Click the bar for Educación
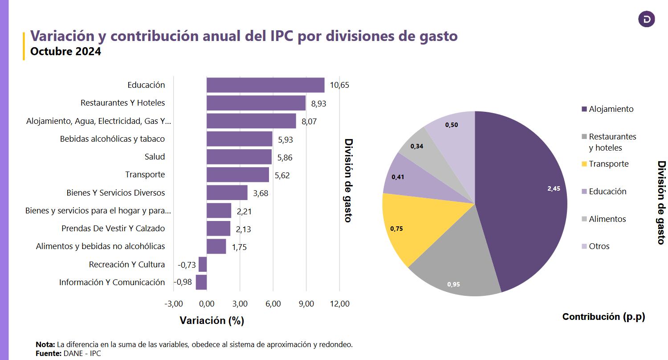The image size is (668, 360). [265, 85]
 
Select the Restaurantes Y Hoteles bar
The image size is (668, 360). [256, 103]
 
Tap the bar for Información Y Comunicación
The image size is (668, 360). [201, 282]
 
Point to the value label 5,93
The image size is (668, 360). [285, 139]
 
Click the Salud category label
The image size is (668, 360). [155, 157]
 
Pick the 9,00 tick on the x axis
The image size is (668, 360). [306, 304]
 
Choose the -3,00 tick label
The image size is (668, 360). [174, 304]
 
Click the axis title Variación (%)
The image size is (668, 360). [212, 320]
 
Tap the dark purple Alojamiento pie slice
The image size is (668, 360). [521, 196]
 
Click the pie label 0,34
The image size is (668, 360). [417, 146]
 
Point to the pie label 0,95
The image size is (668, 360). [453, 284]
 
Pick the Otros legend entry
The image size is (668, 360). [599, 246]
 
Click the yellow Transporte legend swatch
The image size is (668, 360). [584, 164]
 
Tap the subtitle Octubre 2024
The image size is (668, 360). [65, 52]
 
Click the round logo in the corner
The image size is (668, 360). [647, 19]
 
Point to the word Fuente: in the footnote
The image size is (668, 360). [48, 353]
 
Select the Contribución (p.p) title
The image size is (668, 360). [603, 317]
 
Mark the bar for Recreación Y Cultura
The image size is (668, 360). [203, 264]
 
